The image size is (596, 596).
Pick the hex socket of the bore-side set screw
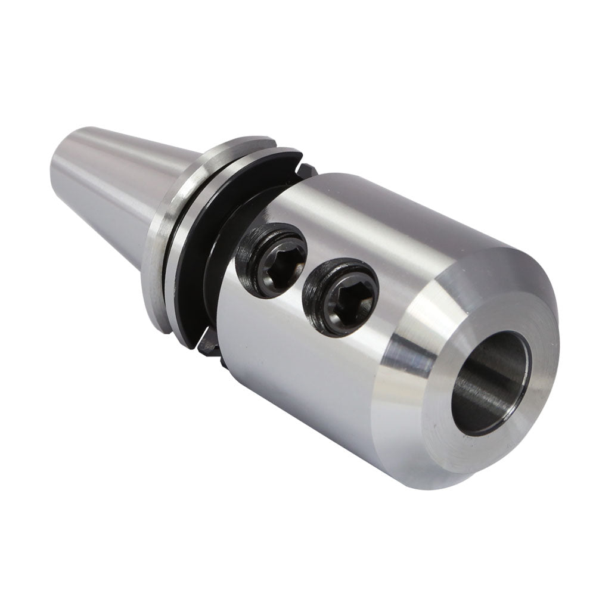pyautogui.click(x=344, y=299)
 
